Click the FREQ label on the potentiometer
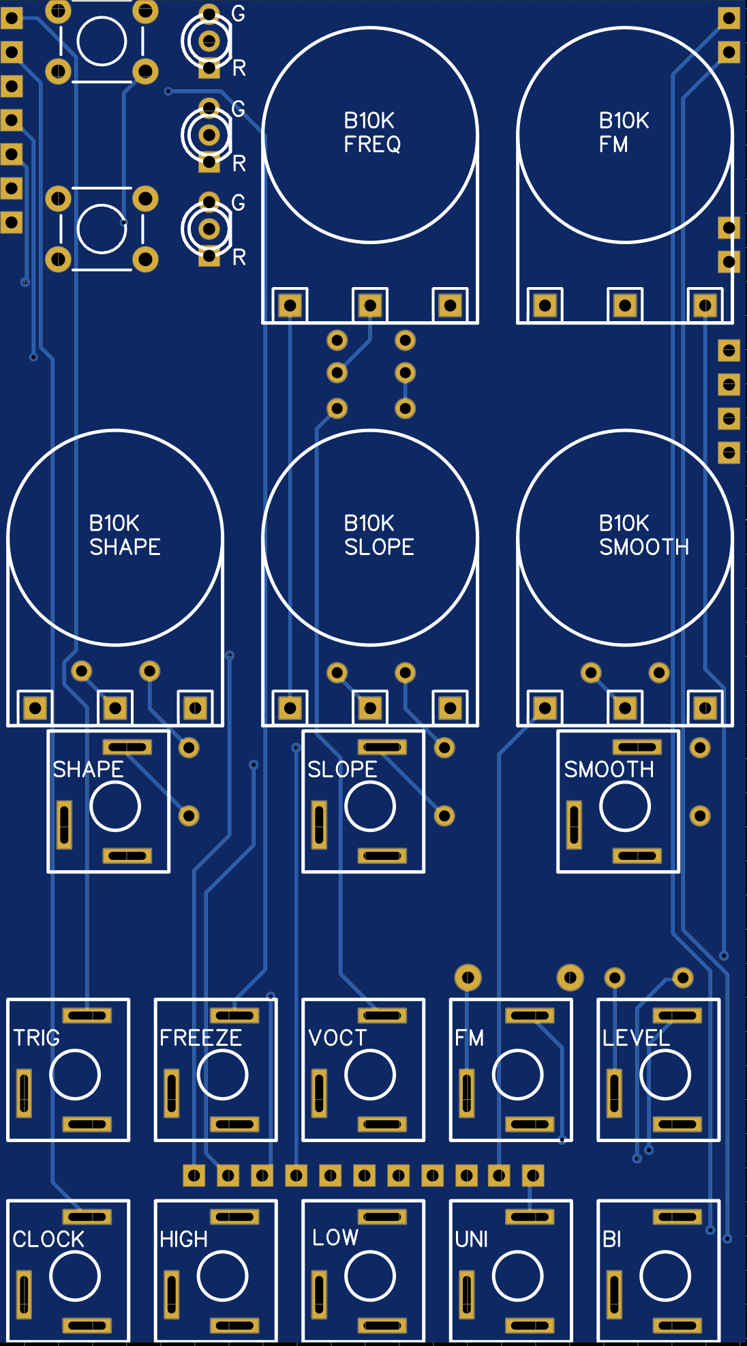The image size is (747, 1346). click(x=372, y=145)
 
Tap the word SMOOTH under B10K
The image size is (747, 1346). click(x=643, y=547)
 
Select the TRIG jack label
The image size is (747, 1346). click(x=37, y=1038)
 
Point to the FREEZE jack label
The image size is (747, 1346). click(x=200, y=1038)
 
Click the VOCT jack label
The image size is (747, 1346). click(x=337, y=1038)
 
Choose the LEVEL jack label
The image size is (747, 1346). click(x=636, y=1038)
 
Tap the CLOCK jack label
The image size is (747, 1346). click(x=48, y=1239)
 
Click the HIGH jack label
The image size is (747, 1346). click(x=183, y=1239)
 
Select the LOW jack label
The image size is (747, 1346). click(x=335, y=1238)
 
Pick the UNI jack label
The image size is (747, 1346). click(x=471, y=1239)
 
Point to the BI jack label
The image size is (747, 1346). click(x=611, y=1239)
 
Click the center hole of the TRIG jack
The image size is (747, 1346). click(x=75, y=1075)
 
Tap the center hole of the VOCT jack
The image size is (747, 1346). click(x=370, y=1075)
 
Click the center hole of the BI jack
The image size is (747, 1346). click(x=665, y=1276)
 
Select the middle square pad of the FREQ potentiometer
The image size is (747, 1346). click(x=370, y=305)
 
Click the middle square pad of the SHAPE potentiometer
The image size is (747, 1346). click(x=115, y=708)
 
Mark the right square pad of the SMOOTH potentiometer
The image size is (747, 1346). click(x=705, y=708)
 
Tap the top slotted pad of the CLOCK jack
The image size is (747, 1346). click(x=87, y=1217)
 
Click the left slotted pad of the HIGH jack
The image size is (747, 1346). click(x=172, y=1294)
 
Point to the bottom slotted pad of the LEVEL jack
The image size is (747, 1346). click(x=677, y=1124)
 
